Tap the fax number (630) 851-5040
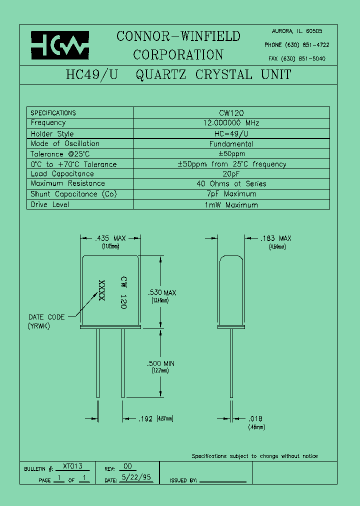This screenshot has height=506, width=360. tap(305, 58)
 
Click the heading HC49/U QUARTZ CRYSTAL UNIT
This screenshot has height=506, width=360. tap(178, 75)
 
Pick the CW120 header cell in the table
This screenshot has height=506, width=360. tap(231, 113)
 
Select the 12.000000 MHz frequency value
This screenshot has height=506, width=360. tap(231, 123)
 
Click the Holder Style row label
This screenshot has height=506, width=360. tap(52, 134)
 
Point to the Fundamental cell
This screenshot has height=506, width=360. tap(231, 144)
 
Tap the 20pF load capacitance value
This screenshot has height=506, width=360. tap(231, 174)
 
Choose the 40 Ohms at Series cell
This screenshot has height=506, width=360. tap(231, 184)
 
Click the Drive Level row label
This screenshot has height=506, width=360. tap(50, 204)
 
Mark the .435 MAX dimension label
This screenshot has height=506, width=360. tap(110, 239)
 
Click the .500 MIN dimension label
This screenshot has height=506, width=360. tap(161, 363)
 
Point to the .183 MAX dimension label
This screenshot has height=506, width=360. tap(275, 239)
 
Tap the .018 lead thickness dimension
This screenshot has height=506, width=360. tap(255, 419)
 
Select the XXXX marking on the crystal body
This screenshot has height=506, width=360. tap(102, 290)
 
